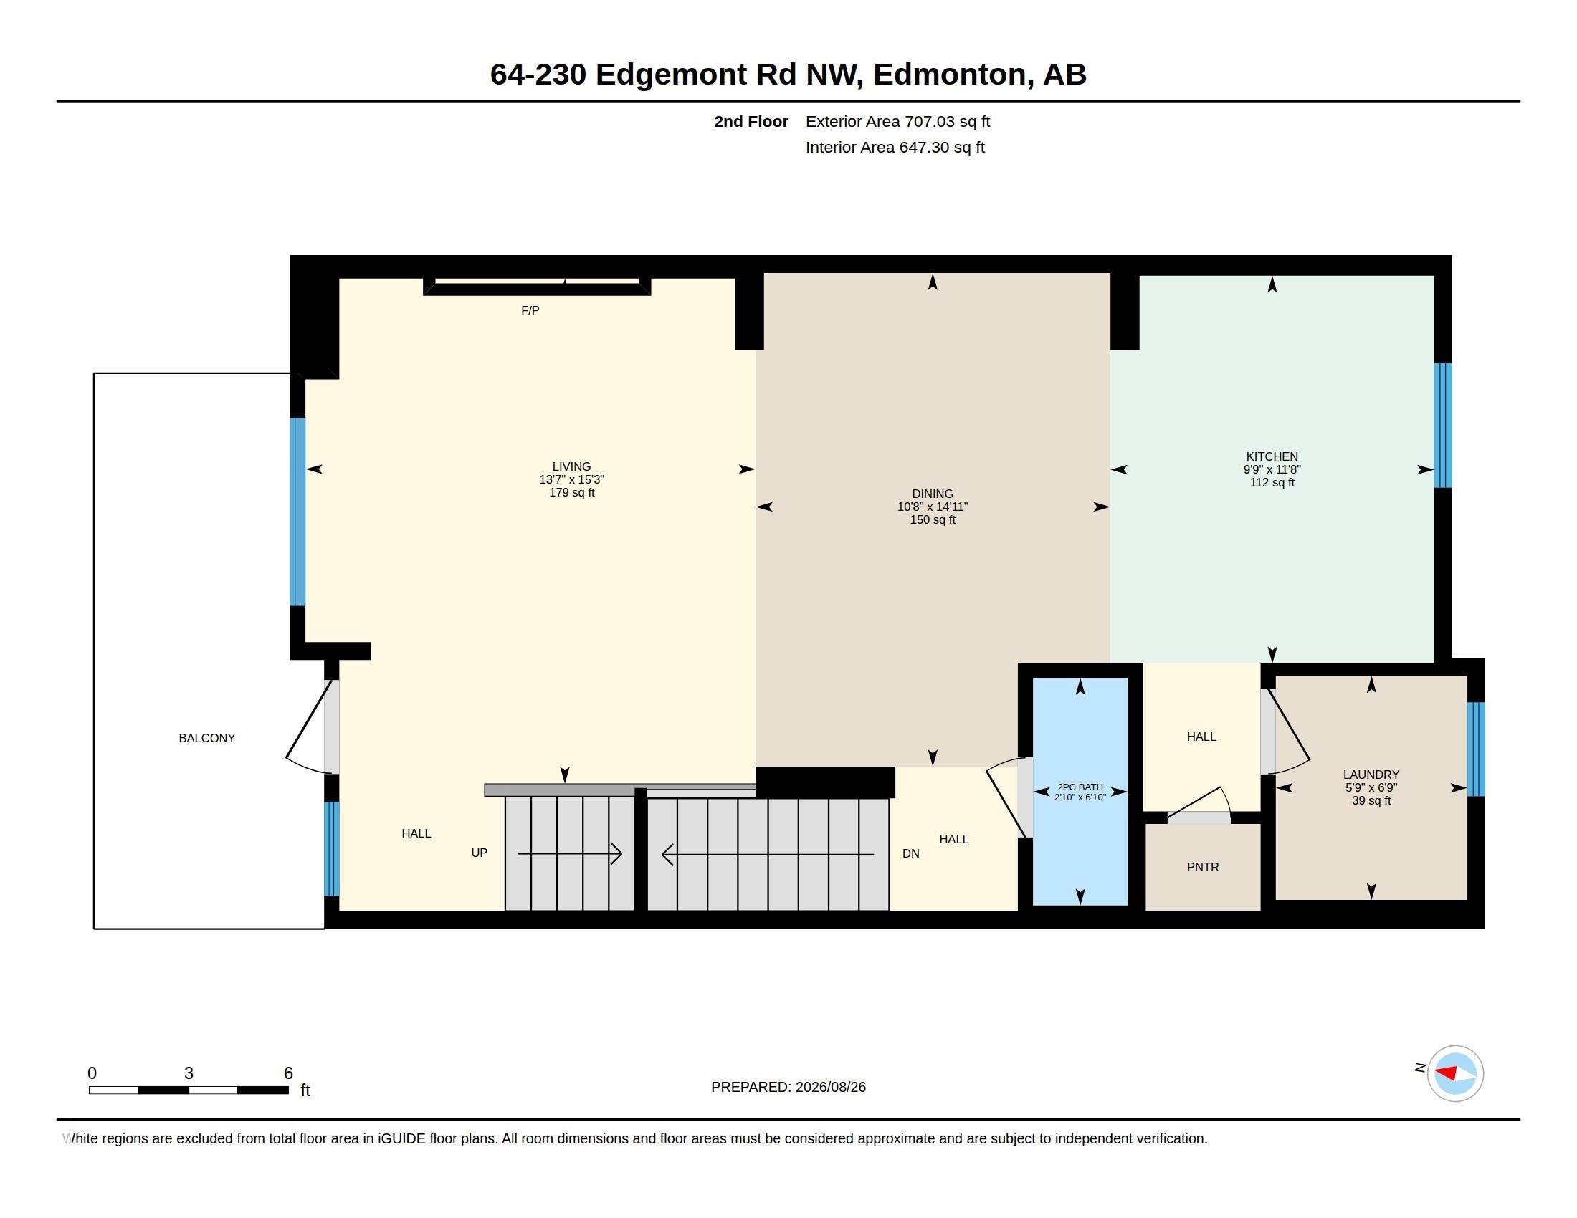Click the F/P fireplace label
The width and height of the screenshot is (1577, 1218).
pyautogui.click(x=530, y=310)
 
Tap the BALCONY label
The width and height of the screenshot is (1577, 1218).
pyautogui.click(x=207, y=738)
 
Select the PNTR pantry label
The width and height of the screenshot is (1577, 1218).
pyautogui.click(x=1203, y=868)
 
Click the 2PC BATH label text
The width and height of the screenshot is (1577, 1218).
pyautogui.click(x=1080, y=787)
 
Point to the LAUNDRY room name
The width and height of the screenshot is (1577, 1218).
pyautogui.click(x=1371, y=775)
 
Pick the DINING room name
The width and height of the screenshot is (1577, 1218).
pyautogui.click(x=932, y=494)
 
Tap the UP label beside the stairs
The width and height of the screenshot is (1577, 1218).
pyautogui.click(x=480, y=853)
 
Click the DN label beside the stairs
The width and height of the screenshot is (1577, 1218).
pyautogui.click(x=911, y=853)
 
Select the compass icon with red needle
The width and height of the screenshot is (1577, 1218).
pyautogui.click(x=1455, y=1074)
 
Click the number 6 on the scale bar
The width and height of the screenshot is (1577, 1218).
pyautogui.click(x=288, y=1073)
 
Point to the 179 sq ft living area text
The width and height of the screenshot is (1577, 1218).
pyautogui.click(x=572, y=493)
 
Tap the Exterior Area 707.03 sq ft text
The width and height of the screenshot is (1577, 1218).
pyautogui.click(x=897, y=122)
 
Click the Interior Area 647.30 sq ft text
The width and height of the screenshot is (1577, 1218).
pyautogui.click(x=895, y=147)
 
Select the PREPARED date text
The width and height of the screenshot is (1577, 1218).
pyautogui.click(x=788, y=1088)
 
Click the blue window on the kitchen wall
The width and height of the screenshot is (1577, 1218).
pyautogui.click(x=1443, y=426)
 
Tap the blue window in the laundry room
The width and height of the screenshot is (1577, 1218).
pyautogui.click(x=1476, y=749)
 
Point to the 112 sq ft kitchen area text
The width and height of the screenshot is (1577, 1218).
pyautogui.click(x=1272, y=483)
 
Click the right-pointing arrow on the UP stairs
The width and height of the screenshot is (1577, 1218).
pyautogui.click(x=571, y=854)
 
